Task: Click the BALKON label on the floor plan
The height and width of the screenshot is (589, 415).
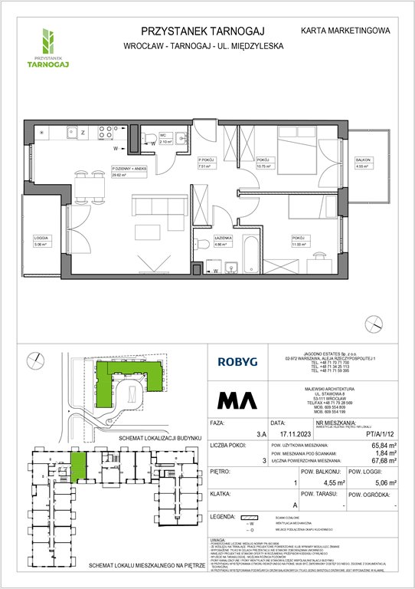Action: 362,160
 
